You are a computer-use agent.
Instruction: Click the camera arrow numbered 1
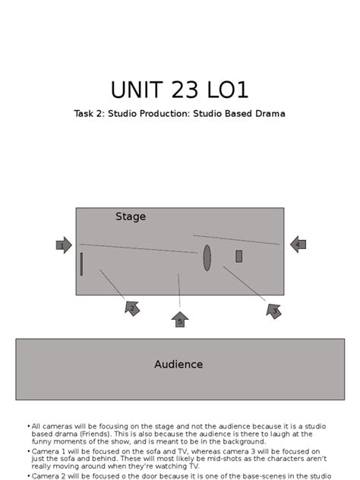pos(64,245)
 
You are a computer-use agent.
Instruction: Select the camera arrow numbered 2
pos(132,308)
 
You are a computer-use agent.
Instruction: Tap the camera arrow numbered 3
pos(274,310)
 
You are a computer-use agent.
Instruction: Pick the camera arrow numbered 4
pos(298,245)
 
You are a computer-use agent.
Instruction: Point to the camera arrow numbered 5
pos(180,320)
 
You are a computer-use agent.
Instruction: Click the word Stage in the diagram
pos(131,216)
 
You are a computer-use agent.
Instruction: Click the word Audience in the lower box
pos(178,365)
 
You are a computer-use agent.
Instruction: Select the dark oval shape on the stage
pos(207,257)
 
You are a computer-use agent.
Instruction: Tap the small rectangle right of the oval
pos(238,256)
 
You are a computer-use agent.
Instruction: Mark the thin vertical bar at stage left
pos(81,264)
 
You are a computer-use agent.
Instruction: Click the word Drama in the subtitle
pos(269,114)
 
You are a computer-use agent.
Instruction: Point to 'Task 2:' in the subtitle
pos(90,114)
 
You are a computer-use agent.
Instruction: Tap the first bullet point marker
pos(28,426)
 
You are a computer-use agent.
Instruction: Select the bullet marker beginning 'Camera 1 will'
pos(28,451)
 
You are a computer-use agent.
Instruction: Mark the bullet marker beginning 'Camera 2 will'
pos(28,475)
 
